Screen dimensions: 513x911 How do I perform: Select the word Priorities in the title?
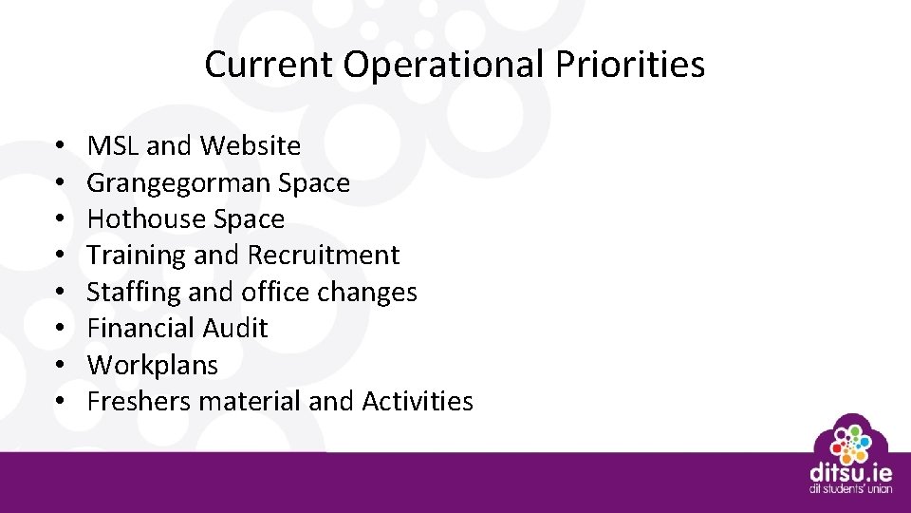pos(630,65)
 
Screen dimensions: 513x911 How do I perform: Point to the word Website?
pos(251,146)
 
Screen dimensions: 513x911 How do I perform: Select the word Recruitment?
pos(324,256)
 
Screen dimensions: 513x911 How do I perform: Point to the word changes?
pos(367,292)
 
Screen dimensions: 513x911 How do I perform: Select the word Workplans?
pos(152,365)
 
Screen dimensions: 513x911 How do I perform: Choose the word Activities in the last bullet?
pos(418,402)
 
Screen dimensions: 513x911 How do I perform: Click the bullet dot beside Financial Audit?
pos(59,329)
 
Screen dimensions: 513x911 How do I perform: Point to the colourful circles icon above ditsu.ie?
pos(850,439)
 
